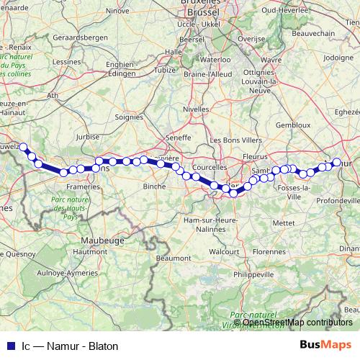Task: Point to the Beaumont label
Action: coord(173,256)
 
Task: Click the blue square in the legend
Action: coord(9,346)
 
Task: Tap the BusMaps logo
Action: coord(325,345)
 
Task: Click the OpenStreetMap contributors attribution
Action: coord(297,323)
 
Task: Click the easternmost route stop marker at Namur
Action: coord(336,162)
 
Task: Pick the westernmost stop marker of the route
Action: coord(23,147)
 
